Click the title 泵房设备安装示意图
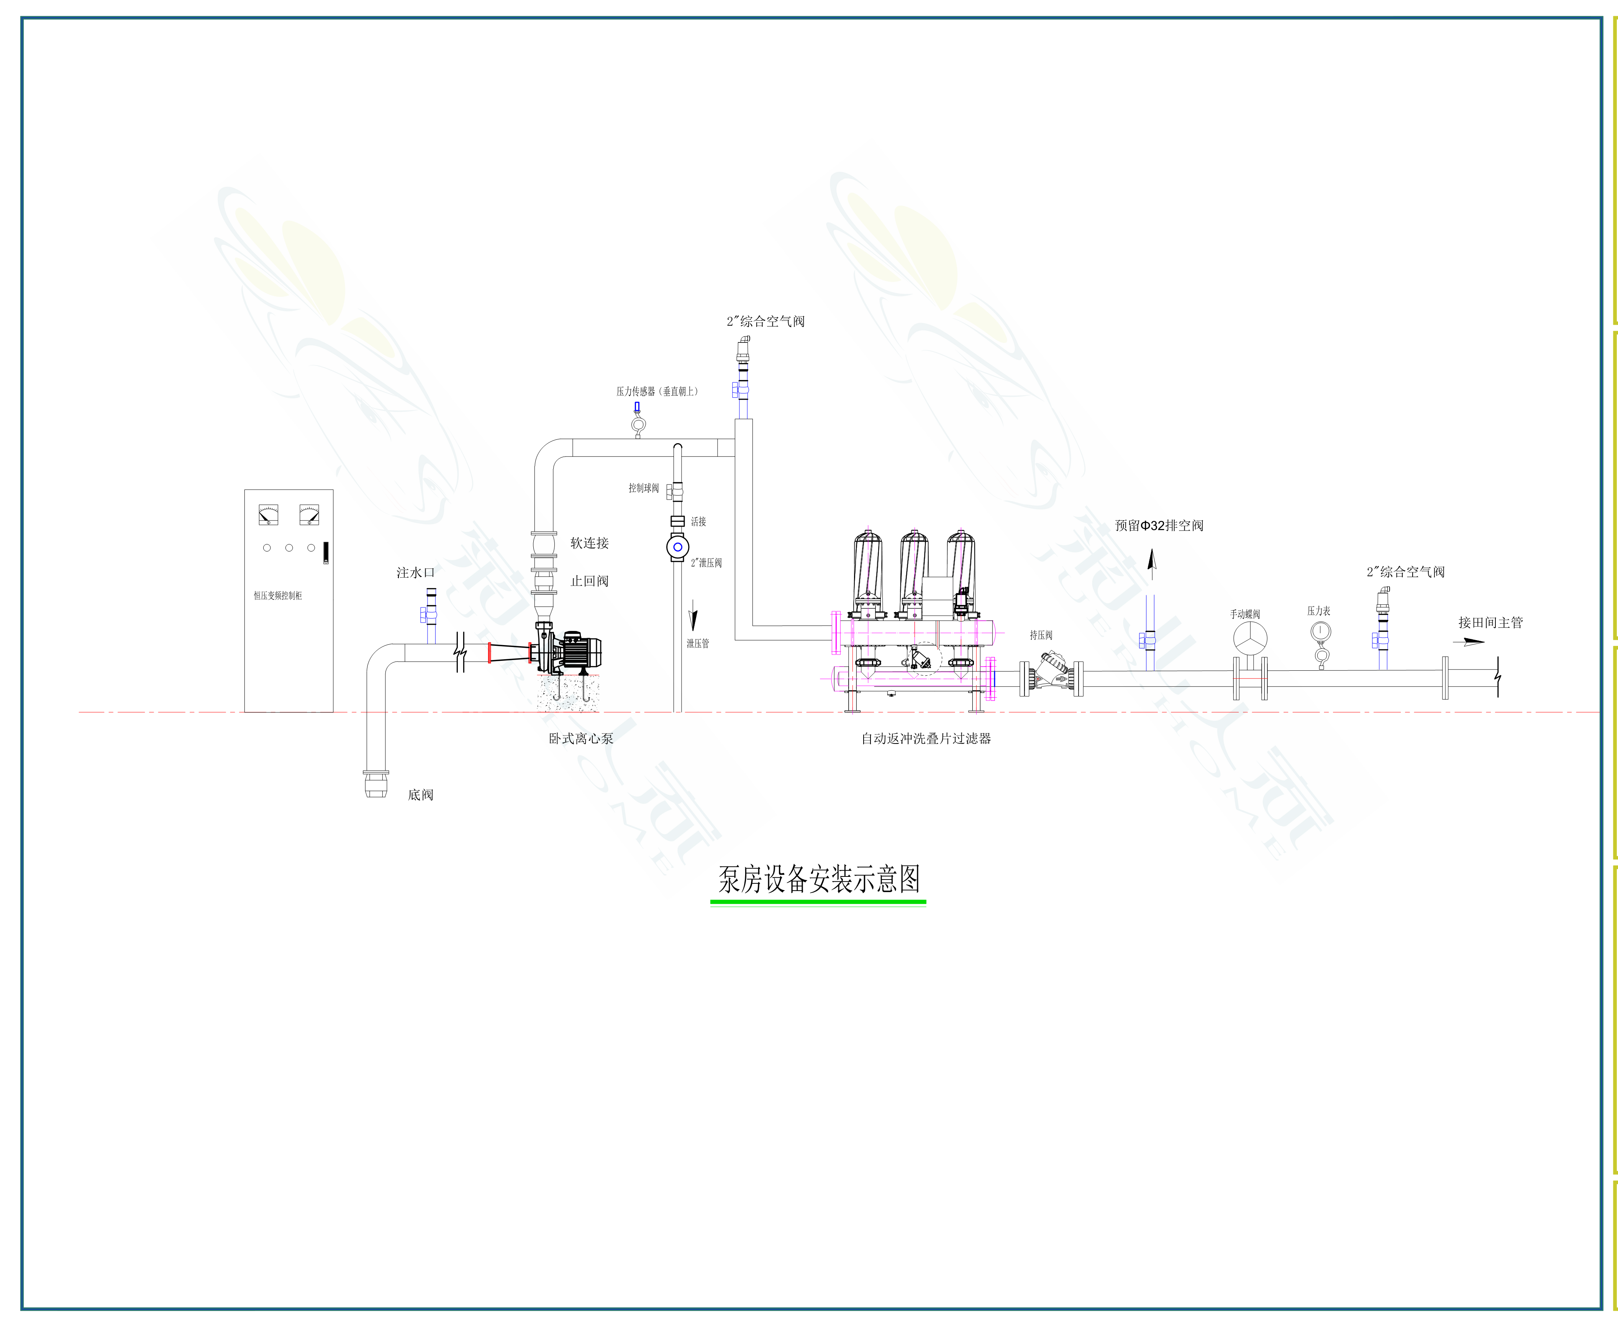click(818, 879)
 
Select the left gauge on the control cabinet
click(268, 514)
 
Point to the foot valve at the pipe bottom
click(375, 784)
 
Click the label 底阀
click(421, 794)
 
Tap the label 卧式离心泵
click(581, 739)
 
